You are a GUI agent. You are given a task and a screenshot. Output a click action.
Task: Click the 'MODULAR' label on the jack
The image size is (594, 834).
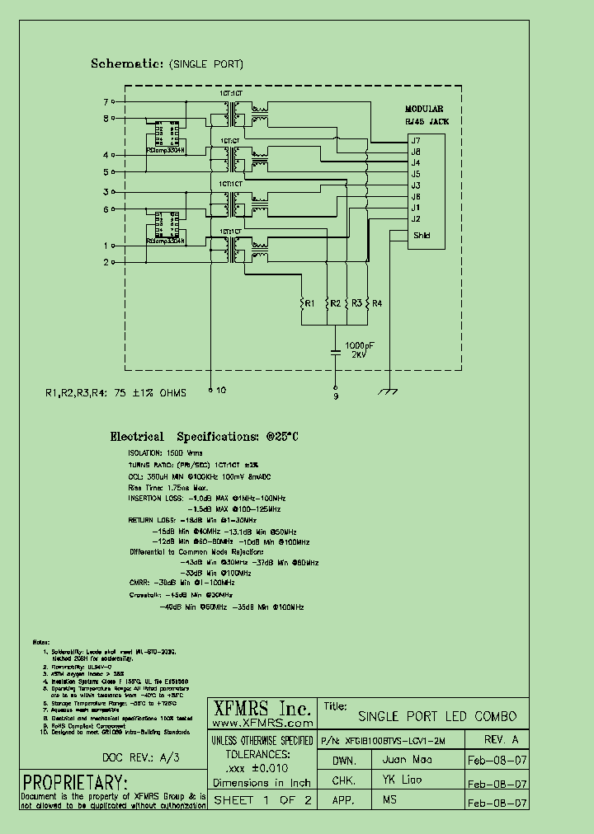point(424,109)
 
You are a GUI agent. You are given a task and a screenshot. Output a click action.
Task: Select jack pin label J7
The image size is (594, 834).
point(417,141)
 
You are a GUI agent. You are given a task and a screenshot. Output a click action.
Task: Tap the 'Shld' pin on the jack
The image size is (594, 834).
point(421,236)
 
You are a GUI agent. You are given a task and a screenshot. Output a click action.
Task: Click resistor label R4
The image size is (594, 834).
point(377,304)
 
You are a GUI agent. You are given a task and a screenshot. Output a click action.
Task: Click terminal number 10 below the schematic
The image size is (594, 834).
point(221,391)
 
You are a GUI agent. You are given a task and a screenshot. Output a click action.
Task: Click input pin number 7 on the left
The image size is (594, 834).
point(106,102)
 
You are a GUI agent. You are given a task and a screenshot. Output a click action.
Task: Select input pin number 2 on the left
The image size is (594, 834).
point(106,262)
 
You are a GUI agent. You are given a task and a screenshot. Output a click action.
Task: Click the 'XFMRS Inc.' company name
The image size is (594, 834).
point(263,709)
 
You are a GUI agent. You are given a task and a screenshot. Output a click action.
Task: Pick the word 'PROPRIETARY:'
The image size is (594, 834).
point(75,782)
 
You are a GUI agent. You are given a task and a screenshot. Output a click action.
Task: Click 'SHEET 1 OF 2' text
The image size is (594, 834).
point(262,800)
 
